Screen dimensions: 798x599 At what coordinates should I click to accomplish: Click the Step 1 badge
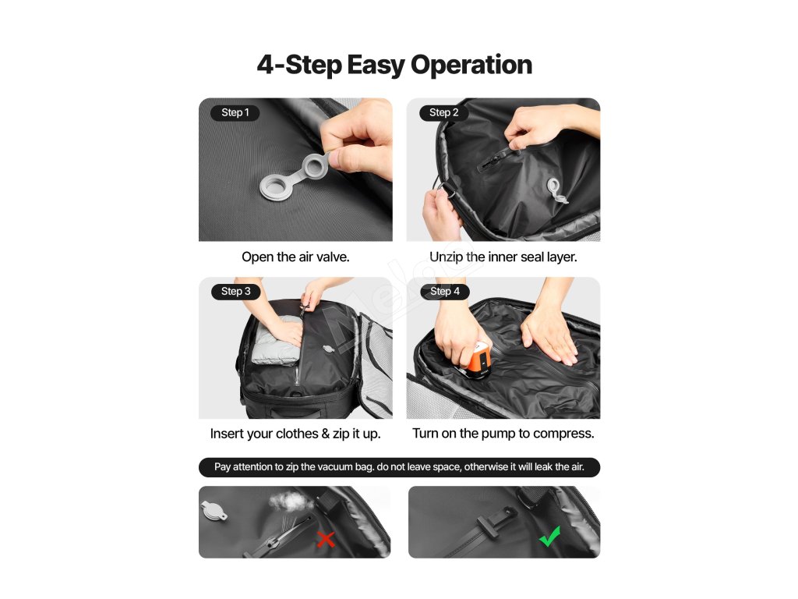[235, 112]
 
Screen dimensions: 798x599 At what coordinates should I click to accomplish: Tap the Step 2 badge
[443, 112]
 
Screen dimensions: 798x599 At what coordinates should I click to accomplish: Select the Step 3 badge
[235, 292]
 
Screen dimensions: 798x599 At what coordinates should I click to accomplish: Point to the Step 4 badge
[445, 292]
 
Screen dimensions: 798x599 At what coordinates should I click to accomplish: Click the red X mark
[326, 539]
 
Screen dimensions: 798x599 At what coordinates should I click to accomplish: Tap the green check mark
[549, 537]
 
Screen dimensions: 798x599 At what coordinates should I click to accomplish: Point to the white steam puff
[291, 502]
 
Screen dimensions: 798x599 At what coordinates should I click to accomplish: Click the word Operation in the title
[471, 65]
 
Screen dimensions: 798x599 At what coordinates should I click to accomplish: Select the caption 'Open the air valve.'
[295, 257]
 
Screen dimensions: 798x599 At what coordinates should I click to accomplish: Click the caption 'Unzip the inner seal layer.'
[503, 257]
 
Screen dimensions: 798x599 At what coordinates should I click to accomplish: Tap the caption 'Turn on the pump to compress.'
[503, 434]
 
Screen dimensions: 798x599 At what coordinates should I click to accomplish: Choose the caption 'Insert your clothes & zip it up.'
[295, 434]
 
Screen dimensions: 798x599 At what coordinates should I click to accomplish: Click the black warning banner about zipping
[400, 467]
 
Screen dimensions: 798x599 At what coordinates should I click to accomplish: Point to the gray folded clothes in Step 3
[276, 340]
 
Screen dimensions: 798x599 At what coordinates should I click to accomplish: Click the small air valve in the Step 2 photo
[556, 190]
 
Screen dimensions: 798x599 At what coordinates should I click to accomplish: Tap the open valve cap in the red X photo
[214, 511]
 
